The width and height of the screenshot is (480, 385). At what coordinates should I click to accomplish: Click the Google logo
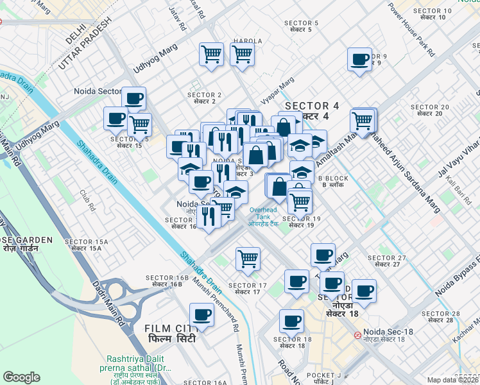pos(22,377)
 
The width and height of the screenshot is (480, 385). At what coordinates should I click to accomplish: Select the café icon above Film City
pos(202,315)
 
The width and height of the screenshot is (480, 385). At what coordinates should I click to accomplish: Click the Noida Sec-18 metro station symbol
pos(357,336)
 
